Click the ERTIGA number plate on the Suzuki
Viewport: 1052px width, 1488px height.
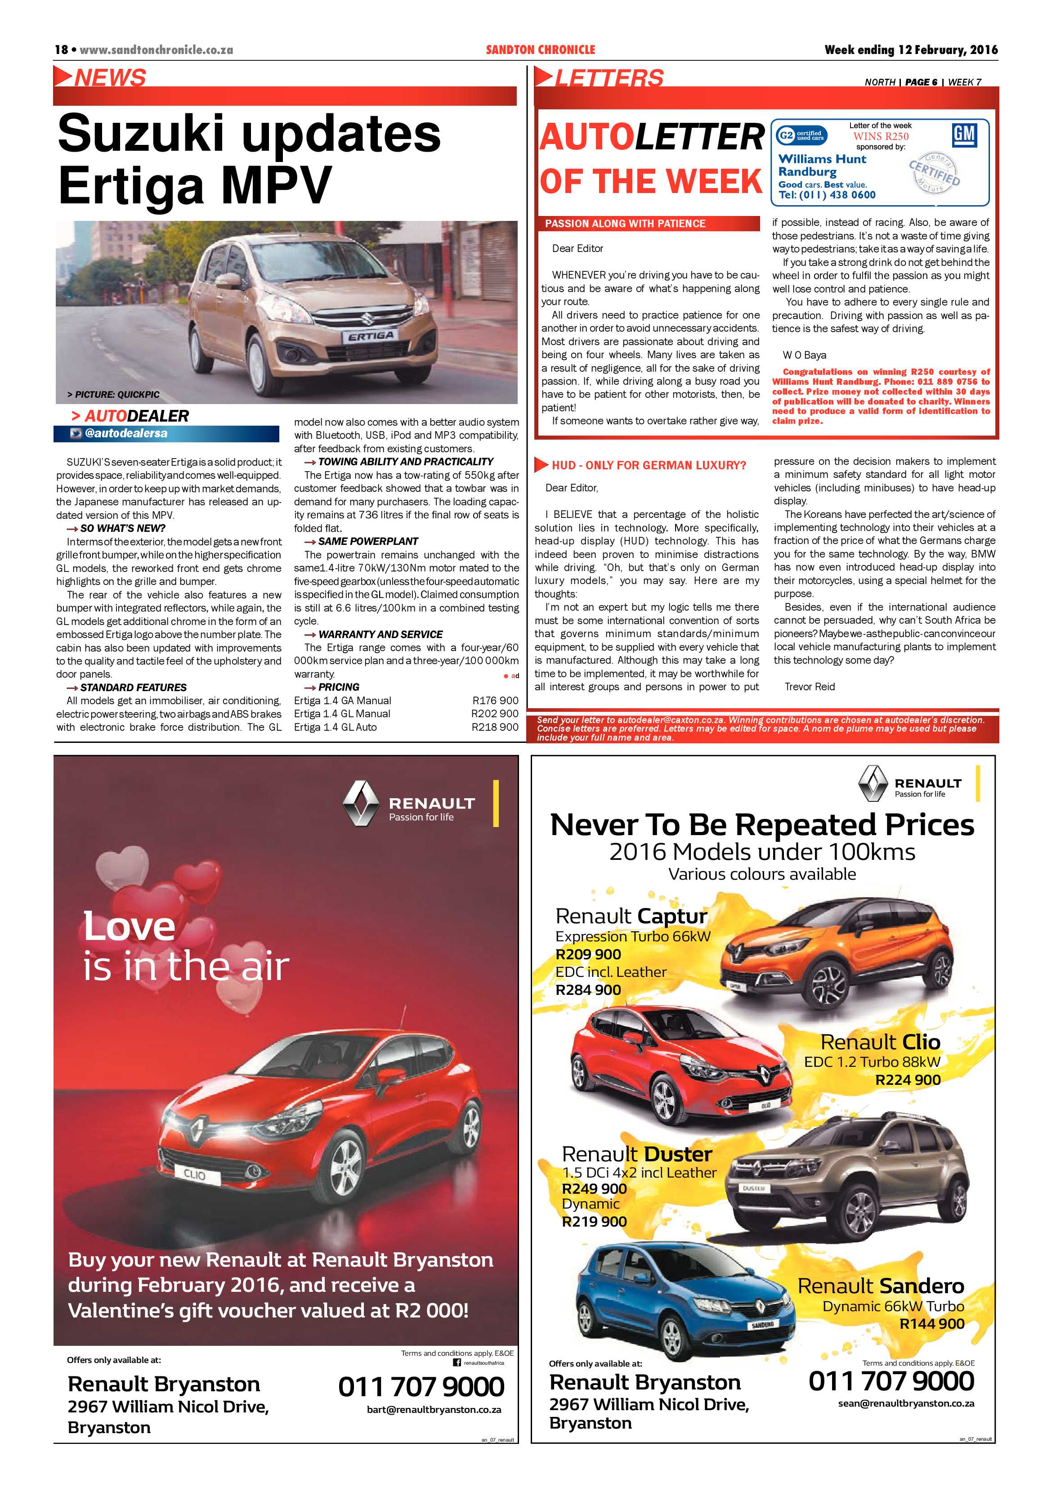[x=371, y=336]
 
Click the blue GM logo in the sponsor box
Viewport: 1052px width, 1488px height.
[x=964, y=135]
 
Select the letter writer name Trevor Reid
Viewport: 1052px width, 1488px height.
[x=809, y=686]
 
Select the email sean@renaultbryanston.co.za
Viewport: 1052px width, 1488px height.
[x=905, y=1403]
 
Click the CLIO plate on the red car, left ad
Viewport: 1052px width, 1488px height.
[x=194, y=1174]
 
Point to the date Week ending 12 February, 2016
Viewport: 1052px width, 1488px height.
[x=910, y=50]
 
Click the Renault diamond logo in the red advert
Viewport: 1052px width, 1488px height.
[x=360, y=803]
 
